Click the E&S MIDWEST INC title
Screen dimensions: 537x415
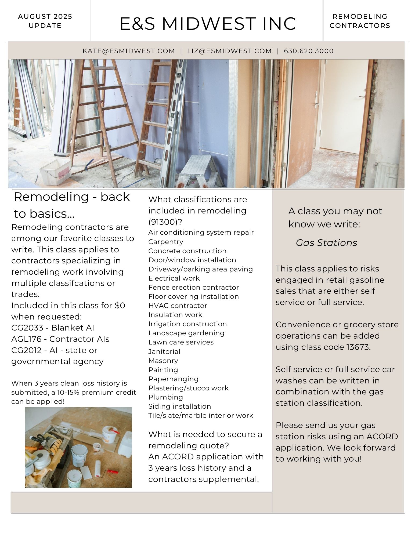[208, 24]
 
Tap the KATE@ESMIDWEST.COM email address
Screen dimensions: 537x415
[129, 51]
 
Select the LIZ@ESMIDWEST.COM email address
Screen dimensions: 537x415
[229, 51]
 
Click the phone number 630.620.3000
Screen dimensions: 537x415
[309, 51]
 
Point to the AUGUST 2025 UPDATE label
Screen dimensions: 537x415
[45, 21]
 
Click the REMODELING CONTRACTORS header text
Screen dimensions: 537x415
[360, 21]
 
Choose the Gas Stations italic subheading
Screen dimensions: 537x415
[326, 243]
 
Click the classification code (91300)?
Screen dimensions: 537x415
[165, 222]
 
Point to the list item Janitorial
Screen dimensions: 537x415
[164, 351]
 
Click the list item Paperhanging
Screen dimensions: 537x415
[173, 379]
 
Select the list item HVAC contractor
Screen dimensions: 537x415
[178, 306]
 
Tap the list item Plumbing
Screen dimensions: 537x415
[165, 397]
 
